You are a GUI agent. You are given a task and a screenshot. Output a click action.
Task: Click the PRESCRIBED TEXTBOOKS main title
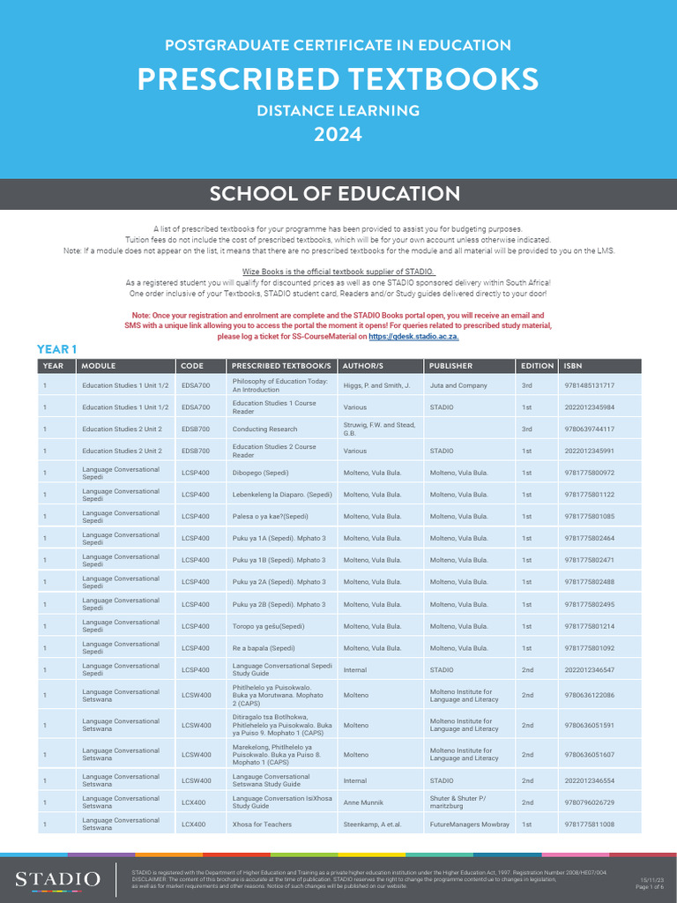(338, 79)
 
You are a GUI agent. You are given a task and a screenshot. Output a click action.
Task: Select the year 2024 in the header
(338, 134)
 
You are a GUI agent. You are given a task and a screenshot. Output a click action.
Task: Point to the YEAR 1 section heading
(57, 349)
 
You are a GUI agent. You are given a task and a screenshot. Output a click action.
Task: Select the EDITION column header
(538, 366)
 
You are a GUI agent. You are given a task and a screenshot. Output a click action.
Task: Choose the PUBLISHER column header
(451, 366)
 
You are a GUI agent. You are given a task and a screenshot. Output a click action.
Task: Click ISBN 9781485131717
(590, 385)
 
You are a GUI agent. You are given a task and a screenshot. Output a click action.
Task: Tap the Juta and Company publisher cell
(458, 385)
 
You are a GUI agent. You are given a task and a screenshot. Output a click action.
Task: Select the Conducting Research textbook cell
(264, 429)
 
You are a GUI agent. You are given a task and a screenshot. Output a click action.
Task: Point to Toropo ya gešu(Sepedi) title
(268, 626)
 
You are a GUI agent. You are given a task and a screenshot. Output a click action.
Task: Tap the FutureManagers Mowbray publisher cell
(470, 825)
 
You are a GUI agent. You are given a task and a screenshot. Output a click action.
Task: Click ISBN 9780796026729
(590, 802)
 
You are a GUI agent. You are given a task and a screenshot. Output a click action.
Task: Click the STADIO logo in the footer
(57, 879)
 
